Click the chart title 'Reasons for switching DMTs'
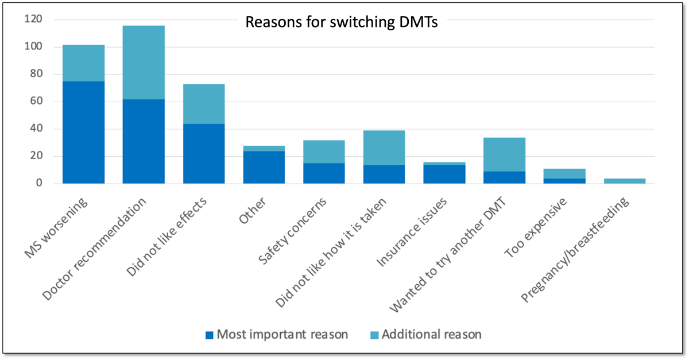pyautogui.click(x=342, y=23)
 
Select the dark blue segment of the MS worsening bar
pyautogui.click(x=84, y=132)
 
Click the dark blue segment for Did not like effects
pyautogui.click(x=204, y=153)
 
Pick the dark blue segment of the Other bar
pyautogui.click(x=264, y=167)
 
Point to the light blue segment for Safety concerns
pyautogui.click(x=324, y=152)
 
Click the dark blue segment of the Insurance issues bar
pyautogui.click(x=444, y=174)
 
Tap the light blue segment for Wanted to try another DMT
pyautogui.click(x=505, y=154)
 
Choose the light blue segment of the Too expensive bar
pyautogui.click(x=564, y=173)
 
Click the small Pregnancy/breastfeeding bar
pyautogui.click(x=625, y=181)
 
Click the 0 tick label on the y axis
pyautogui.click(x=40, y=184)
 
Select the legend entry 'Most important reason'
pyautogui.click(x=277, y=334)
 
